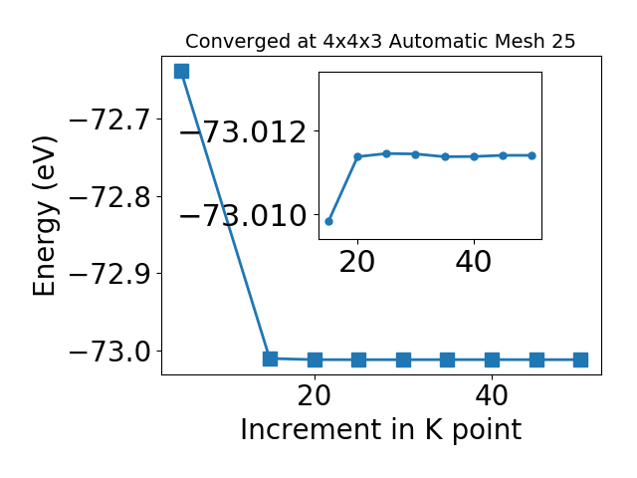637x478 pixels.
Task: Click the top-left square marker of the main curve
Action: (181, 71)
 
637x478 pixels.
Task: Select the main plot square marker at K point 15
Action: (270, 358)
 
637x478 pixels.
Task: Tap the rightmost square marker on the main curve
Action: (580, 359)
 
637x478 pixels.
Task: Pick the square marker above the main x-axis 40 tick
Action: (492, 359)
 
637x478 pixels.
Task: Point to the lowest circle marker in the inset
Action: (329, 221)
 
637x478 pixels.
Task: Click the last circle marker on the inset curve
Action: (532, 155)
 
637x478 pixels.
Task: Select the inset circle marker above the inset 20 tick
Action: (358, 157)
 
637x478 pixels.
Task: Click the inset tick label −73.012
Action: (243, 132)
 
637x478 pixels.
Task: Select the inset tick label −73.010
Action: (243, 215)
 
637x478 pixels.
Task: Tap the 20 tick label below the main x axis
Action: (315, 396)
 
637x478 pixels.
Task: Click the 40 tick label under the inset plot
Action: (474, 262)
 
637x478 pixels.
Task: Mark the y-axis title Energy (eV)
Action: (45, 216)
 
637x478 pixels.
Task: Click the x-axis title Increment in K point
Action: (381, 429)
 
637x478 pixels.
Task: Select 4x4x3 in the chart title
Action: (352, 41)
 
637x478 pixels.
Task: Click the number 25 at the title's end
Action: (563, 41)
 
